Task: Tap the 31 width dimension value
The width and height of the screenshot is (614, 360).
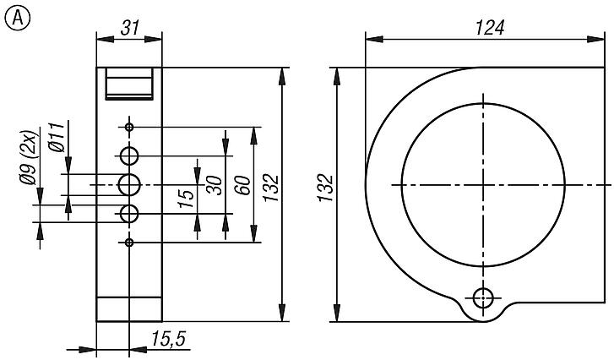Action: coord(129,28)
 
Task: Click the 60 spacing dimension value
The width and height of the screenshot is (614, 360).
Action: coord(242,184)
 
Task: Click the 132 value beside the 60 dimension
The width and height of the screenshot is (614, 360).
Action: coord(269,184)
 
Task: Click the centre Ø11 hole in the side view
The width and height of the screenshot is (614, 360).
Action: coord(129,184)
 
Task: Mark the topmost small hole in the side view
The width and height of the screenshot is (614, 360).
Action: coord(129,127)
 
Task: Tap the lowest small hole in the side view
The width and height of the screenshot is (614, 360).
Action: coord(129,243)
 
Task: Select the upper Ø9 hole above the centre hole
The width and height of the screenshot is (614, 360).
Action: coord(129,155)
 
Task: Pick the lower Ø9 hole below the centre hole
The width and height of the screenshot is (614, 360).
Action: coord(129,214)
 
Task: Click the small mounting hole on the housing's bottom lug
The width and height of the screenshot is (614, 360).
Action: coord(483,297)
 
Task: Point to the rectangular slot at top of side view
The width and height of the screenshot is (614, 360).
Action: coord(129,85)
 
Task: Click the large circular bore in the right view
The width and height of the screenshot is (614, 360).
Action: coord(483,184)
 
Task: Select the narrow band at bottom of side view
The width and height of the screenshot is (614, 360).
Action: coord(129,309)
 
